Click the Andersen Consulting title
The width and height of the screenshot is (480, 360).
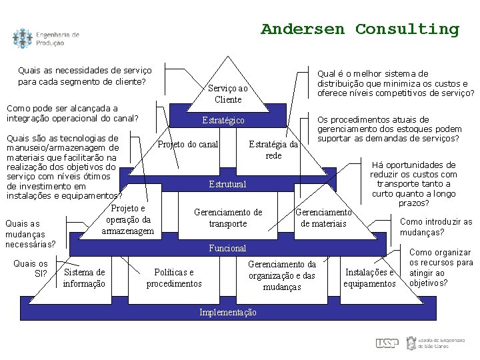(360, 29)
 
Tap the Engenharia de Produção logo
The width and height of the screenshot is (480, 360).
(45, 39)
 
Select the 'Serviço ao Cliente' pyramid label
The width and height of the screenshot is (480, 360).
(228, 94)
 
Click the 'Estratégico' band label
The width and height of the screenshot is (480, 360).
(223, 121)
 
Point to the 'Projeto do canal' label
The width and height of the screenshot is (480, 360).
(188, 145)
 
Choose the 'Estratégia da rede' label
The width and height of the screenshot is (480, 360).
(273, 150)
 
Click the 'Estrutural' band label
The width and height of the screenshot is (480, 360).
(227, 184)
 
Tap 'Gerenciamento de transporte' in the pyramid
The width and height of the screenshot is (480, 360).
(228, 218)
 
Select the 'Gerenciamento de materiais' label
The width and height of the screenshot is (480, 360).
(323, 218)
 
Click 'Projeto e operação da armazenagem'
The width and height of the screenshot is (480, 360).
(128, 219)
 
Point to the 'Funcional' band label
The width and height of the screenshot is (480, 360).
(227, 248)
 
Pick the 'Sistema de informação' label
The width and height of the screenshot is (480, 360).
(84, 278)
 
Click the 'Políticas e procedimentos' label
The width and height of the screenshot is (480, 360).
(174, 278)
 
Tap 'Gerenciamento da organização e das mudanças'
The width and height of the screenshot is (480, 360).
(282, 275)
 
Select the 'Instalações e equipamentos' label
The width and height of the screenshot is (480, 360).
(369, 278)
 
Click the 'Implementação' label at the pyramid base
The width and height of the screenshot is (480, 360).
(227, 312)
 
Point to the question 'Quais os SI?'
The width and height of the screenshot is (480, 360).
(31, 268)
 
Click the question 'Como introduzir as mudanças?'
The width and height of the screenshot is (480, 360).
(435, 227)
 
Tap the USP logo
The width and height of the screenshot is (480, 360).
(387, 343)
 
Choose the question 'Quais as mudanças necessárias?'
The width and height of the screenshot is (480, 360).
(30, 234)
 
